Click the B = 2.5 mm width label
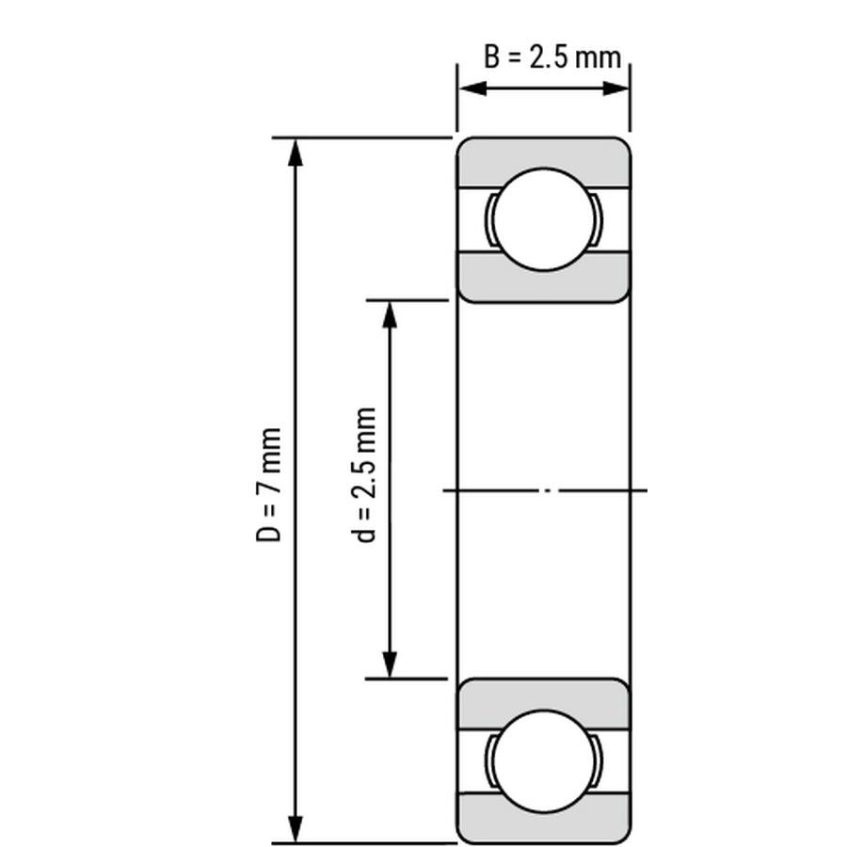point(552,57)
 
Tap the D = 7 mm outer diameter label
point(268,485)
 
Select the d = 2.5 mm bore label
point(363,475)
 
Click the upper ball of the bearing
point(545,219)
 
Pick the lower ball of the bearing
point(545,760)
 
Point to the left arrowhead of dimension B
point(472,88)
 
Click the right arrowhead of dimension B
point(615,88)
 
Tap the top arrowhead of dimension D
point(295,152)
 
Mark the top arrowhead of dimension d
point(390,315)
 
